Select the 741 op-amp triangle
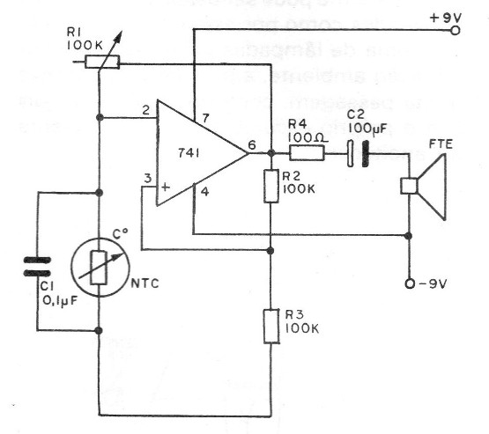(x=198, y=153)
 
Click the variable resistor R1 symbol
(x=100, y=62)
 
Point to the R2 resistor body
(x=271, y=186)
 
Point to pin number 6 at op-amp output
(x=254, y=146)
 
